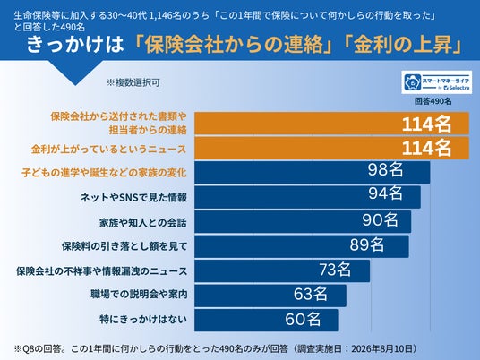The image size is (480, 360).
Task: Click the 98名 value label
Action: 385,169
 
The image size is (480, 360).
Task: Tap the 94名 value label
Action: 385,193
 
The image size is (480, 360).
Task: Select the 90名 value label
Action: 381,219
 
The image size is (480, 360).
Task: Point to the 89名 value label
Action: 367,244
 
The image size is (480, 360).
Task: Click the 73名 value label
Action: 335,270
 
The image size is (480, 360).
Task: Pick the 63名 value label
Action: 311,294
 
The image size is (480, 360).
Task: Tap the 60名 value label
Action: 303,319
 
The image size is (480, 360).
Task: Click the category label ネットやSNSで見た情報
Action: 133,197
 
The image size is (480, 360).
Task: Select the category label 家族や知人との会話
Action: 143,223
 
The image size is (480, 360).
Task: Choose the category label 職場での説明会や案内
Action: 139,295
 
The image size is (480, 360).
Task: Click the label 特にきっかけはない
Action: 143,320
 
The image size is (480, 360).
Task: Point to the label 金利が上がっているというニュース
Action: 108,150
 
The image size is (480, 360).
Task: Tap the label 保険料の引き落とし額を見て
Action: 124,246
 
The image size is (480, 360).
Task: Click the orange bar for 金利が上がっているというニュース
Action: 332,148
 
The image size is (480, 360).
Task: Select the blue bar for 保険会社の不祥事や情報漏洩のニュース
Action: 282,271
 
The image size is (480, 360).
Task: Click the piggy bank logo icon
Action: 413,82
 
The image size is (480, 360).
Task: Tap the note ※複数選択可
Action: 133,82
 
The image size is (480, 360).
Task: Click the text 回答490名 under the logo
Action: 433,101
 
